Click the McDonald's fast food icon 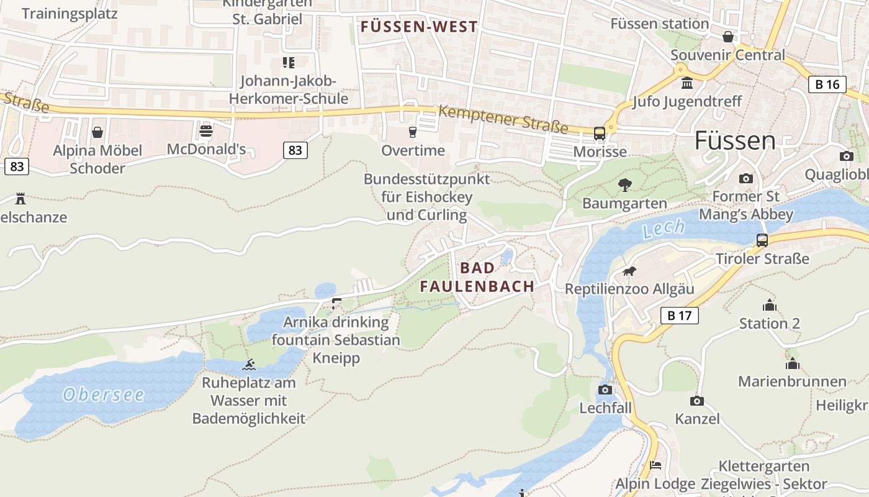tap(206, 132)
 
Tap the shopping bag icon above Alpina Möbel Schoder tap(97, 132)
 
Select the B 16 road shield tap(827, 84)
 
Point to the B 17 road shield tap(679, 316)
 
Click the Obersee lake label tap(104, 394)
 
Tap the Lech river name tap(664, 229)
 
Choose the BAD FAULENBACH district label tap(477, 277)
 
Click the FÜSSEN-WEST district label tap(419, 27)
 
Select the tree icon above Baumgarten tap(624, 185)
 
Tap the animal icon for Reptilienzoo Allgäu tap(629, 271)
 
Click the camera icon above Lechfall tap(605, 390)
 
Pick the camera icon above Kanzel tap(697, 401)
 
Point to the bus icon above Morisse tap(600, 133)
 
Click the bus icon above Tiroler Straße tap(762, 240)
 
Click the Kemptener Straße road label tap(503, 119)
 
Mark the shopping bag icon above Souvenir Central tap(728, 37)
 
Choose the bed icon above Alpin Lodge tap(655, 465)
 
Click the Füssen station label tap(659, 24)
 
